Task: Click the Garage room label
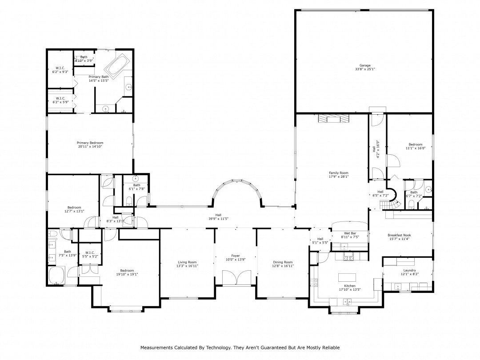pyautogui.click(x=365, y=68)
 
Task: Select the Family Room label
pyautogui.click(x=339, y=175)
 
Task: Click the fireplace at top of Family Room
pyautogui.click(x=333, y=118)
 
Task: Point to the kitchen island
pyautogui.click(x=348, y=277)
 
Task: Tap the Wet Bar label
pyautogui.click(x=350, y=235)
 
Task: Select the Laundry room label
pyautogui.click(x=410, y=272)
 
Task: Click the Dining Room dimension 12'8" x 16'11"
pyautogui.click(x=283, y=266)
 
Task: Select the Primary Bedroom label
pyautogui.click(x=90, y=144)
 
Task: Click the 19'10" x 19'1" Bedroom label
pyautogui.click(x=127, y=272)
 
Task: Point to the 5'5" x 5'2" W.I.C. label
pyautogui.click(x=90, y=254)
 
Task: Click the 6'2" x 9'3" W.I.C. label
pyautogui.click(x=60, y=70)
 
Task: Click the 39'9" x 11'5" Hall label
pyautogui.click(x=218, y=217)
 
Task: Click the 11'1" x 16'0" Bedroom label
pyautogui.click(x=416, y=146)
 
